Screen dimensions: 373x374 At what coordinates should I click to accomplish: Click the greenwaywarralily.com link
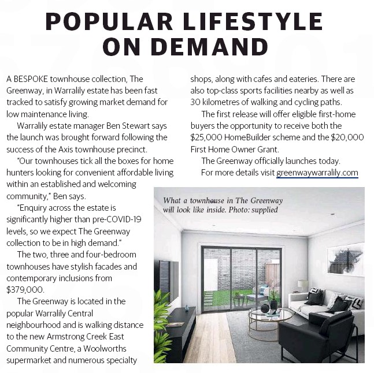click(317, 173)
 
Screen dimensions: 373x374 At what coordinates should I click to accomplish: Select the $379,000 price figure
click(25, 290)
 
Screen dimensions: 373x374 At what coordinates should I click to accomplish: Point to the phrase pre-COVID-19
click(114, 219)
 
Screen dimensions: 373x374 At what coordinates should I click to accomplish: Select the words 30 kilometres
click(217, 102)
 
